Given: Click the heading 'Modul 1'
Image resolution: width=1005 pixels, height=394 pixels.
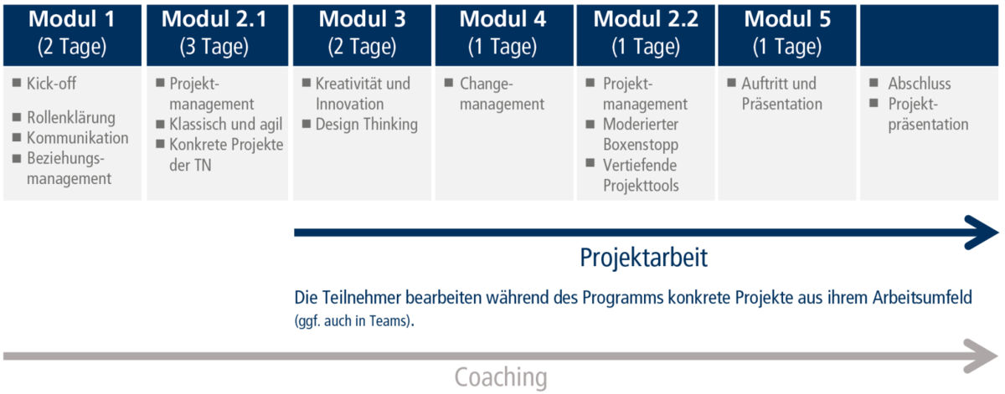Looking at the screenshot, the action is click(72, 19).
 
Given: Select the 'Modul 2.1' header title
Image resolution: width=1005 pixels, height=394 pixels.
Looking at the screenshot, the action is click(214, 19).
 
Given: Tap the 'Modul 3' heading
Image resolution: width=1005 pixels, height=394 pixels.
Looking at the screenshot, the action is click(362, 19).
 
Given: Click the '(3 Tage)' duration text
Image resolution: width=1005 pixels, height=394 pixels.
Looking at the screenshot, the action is click(214, 47).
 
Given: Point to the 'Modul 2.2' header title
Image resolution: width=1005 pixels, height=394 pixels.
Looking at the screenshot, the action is click(646, 19).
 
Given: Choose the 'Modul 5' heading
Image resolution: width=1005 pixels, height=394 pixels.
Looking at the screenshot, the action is click(787, 19).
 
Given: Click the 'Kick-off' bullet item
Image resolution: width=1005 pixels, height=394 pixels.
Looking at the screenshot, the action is click(51, 84).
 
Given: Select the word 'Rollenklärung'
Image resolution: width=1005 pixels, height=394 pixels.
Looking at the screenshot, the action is click(71, 117).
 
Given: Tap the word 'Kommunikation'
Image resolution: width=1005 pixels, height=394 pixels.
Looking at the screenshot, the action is click(78, 138).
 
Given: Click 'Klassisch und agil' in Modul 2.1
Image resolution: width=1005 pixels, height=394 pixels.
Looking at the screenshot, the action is click(225, 124).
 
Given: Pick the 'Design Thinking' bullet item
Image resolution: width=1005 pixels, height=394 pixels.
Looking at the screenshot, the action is click(367, 124).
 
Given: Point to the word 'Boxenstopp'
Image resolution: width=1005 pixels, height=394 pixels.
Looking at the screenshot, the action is click(641, 145).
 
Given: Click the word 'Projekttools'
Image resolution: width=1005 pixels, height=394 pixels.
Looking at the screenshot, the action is click(641, 185).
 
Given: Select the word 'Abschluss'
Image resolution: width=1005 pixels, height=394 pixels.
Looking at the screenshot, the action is click(920, 84).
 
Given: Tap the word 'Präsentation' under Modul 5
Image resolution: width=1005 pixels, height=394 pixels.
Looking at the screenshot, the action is click(782, 104).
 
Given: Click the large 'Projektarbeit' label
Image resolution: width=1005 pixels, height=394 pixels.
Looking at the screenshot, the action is click(643, 258).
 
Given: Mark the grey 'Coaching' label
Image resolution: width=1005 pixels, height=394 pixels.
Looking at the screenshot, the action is click(501, 377).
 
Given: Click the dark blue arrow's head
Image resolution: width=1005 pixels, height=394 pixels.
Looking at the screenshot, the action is click(982, 233).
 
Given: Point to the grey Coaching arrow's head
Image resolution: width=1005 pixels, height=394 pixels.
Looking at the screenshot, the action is click(982, 356).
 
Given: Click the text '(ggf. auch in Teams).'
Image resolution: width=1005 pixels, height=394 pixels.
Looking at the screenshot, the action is click(354, 321).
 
